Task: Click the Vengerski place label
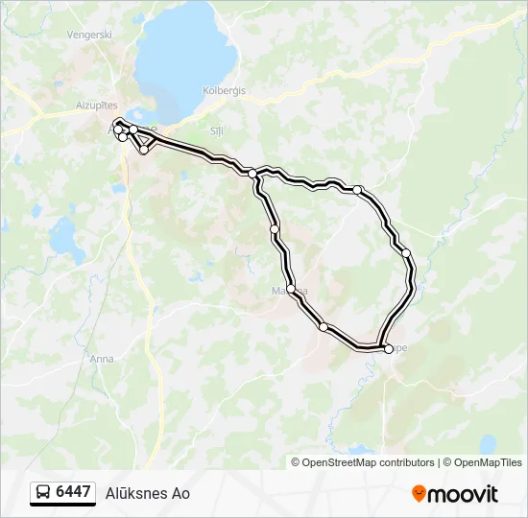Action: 89,35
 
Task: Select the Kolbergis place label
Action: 225,90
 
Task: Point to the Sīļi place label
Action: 216,129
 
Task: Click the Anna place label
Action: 101,359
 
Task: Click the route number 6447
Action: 73,492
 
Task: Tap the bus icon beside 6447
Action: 43,493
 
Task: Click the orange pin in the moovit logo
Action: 419,494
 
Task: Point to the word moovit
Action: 464,494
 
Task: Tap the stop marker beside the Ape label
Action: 388,349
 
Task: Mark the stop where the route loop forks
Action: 252,174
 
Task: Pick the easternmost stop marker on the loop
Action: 406,253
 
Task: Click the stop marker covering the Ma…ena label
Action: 290,288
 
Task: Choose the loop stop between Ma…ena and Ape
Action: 324,327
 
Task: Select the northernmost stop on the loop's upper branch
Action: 357,190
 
